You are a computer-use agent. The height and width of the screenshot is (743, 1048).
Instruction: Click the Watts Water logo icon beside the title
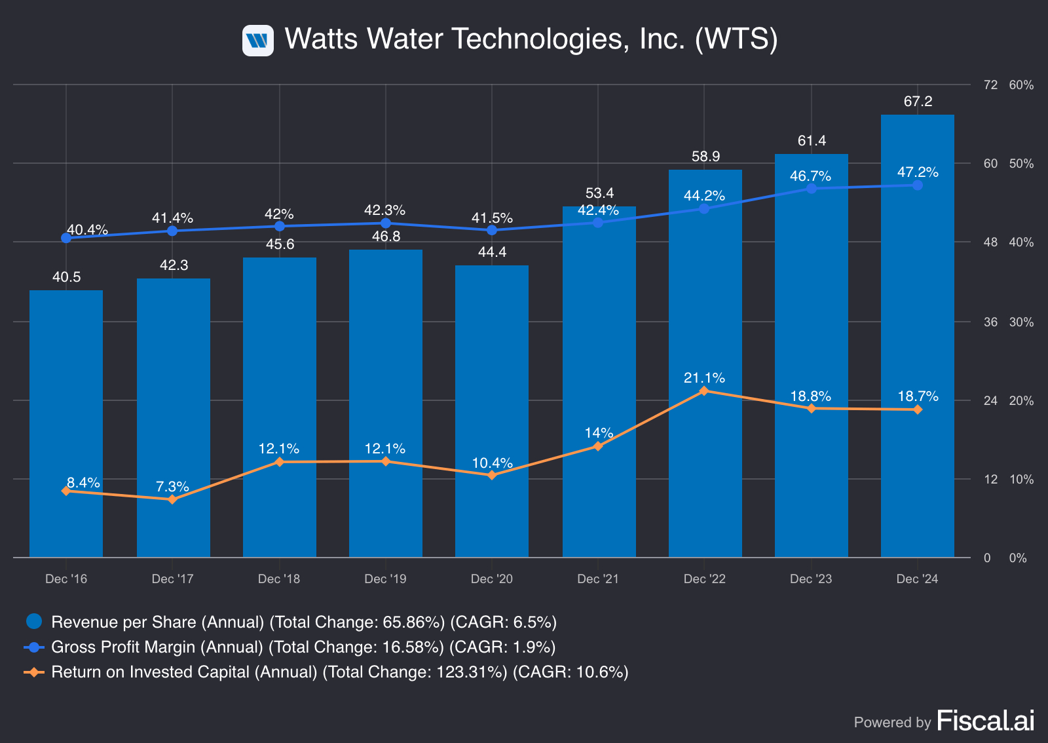[257, 41]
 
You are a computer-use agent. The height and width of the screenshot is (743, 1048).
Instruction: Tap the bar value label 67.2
[918, 102]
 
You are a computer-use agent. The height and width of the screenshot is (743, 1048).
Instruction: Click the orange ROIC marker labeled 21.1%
[704, 391]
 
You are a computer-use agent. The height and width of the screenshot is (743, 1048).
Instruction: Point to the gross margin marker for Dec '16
[66, 238]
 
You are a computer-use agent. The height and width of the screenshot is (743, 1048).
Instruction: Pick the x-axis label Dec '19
[385, 579]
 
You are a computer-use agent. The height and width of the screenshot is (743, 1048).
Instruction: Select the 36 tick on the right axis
[990, 322]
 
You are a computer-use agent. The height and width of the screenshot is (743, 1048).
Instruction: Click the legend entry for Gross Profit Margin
[303, 647]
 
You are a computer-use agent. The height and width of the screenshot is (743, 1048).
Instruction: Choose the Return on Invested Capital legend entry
[339, 672]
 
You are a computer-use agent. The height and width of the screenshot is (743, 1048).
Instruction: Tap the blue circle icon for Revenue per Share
[34, 622]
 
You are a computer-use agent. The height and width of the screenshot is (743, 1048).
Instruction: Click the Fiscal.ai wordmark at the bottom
[986, 721]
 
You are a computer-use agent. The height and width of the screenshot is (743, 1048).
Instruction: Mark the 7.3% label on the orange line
[172, 487]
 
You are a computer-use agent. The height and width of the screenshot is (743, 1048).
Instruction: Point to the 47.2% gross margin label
[918, 172]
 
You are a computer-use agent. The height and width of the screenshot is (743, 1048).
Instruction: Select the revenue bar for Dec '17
[173, 419]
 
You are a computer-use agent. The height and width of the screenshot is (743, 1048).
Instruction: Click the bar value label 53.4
[599, 193]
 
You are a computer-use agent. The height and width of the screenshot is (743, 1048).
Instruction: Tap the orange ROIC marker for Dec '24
[918, 410]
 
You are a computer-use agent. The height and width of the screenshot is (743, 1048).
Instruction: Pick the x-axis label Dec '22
[704, 579]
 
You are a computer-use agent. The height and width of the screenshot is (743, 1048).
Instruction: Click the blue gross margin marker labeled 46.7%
[812, 189]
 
